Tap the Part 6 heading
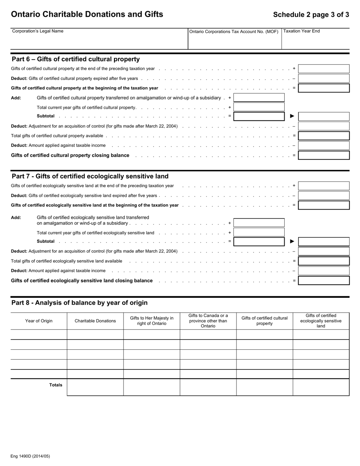coord(76,59)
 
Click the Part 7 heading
coord(90,176)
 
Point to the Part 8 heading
coord(80,303)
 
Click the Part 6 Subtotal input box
coord(259,116)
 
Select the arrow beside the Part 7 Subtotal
coord(292,241)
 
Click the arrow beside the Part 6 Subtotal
coord(292,116)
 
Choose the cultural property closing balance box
coord(324,155)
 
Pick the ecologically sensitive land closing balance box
coord(324,281)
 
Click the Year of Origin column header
coord(39,321)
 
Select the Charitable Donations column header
coord(95,321)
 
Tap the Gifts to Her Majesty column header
coord(152,321)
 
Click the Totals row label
coord(56,385)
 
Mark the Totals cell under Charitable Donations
coord(95,387)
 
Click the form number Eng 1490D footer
coord(30,456)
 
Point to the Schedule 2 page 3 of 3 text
coord(311,15)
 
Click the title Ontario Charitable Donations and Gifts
coord(87,14)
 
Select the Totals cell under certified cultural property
coord(265,387)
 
